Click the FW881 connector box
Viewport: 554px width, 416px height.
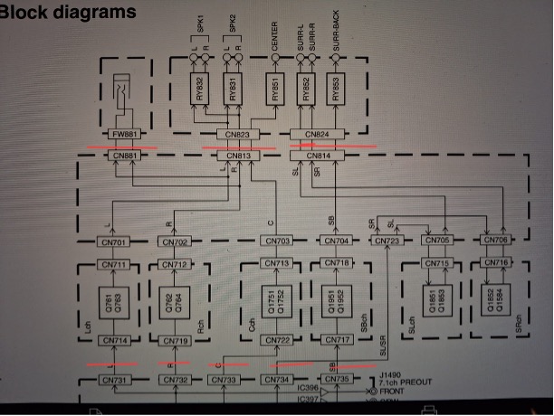coord(124,135)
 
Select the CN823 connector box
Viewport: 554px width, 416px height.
coord(233,135)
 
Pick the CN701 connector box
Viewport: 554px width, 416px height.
coord(114,241)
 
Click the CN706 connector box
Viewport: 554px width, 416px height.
coord(494,241)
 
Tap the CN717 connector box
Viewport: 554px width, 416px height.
coord(337,341)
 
